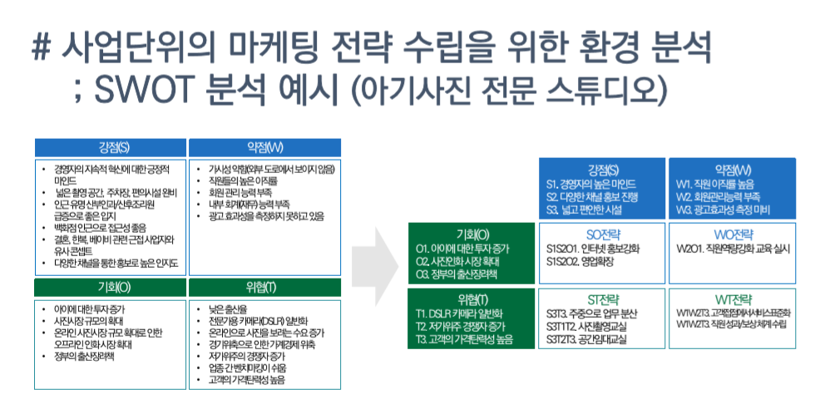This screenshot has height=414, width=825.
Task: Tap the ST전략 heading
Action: click(604, 298)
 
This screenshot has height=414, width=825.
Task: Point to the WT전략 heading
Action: click(733, 298)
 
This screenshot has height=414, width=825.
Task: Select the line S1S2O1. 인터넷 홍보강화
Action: click(592, 248)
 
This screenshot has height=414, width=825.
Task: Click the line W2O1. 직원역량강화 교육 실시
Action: click(733, 248)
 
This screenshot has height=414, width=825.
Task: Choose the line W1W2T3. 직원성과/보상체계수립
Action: click(732, 325)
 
